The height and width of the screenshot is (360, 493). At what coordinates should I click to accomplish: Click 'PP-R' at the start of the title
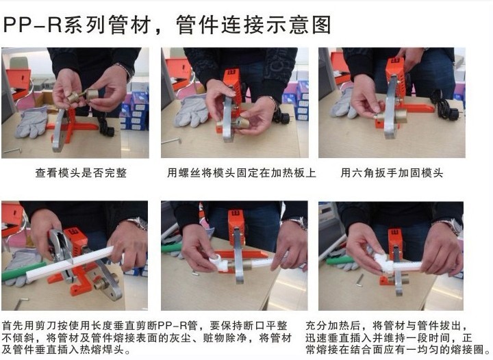[x=32, y=25]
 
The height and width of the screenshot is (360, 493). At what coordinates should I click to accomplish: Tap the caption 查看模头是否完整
[x=81, y=172]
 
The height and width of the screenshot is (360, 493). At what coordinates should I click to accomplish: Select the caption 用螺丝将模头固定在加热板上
[x=241, y=172]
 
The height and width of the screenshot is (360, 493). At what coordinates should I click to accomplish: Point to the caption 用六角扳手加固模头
[x=392, y=172]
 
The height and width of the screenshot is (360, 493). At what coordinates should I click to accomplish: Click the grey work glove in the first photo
[x=31, y=122]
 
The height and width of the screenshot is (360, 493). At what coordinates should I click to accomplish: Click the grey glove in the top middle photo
[x=192, y=110]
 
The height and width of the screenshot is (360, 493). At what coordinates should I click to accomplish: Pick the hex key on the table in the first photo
[x=12, y=151]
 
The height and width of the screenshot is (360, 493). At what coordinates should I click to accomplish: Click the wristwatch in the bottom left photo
[x=139, y=224]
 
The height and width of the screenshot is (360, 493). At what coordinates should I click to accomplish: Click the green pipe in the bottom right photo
[x=340, y=260]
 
